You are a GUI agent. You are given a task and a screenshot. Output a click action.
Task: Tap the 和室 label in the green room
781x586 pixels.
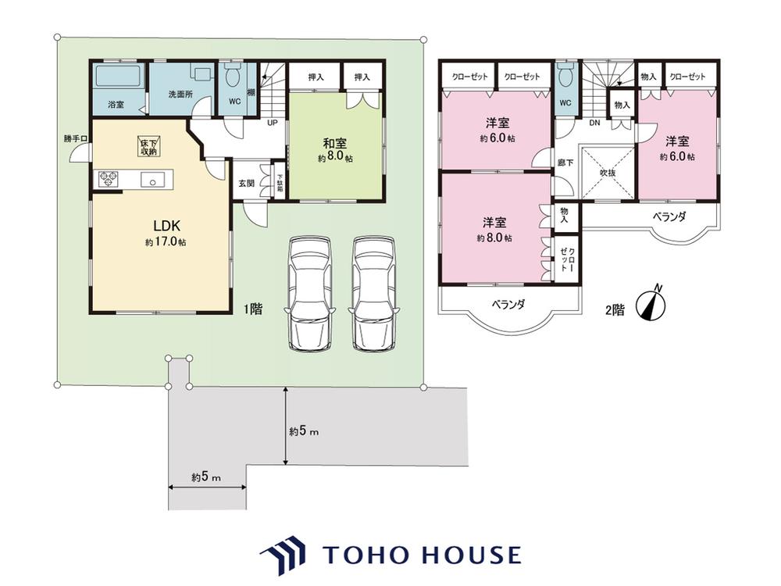point(335,144)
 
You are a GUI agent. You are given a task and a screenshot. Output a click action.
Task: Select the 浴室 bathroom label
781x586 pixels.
point(116,105)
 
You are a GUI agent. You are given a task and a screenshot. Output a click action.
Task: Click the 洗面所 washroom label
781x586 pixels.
point(180,94)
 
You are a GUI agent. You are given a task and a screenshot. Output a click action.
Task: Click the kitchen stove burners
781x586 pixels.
point(108,179)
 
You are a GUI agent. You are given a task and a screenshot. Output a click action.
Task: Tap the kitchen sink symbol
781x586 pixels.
point(152,179)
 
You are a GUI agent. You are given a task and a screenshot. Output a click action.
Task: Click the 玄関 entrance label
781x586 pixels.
point(246,184)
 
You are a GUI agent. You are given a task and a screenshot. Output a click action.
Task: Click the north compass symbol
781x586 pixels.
point(652,303)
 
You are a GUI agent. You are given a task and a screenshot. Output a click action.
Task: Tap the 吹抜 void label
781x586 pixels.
point(608,173)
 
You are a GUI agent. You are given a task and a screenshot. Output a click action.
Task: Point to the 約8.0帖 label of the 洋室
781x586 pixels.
point(495,238)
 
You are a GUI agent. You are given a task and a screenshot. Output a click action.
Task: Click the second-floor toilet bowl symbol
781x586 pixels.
point(565,75)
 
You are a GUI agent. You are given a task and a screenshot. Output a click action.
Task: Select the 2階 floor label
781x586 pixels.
point(615,310)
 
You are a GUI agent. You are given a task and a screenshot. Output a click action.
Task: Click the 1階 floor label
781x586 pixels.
point(252,309)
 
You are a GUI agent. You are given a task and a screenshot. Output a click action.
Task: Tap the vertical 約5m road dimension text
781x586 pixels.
point(304,431)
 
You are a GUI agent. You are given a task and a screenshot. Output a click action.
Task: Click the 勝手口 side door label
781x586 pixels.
point(75,138)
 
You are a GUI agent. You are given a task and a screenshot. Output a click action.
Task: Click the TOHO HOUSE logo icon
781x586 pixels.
point(283,555)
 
